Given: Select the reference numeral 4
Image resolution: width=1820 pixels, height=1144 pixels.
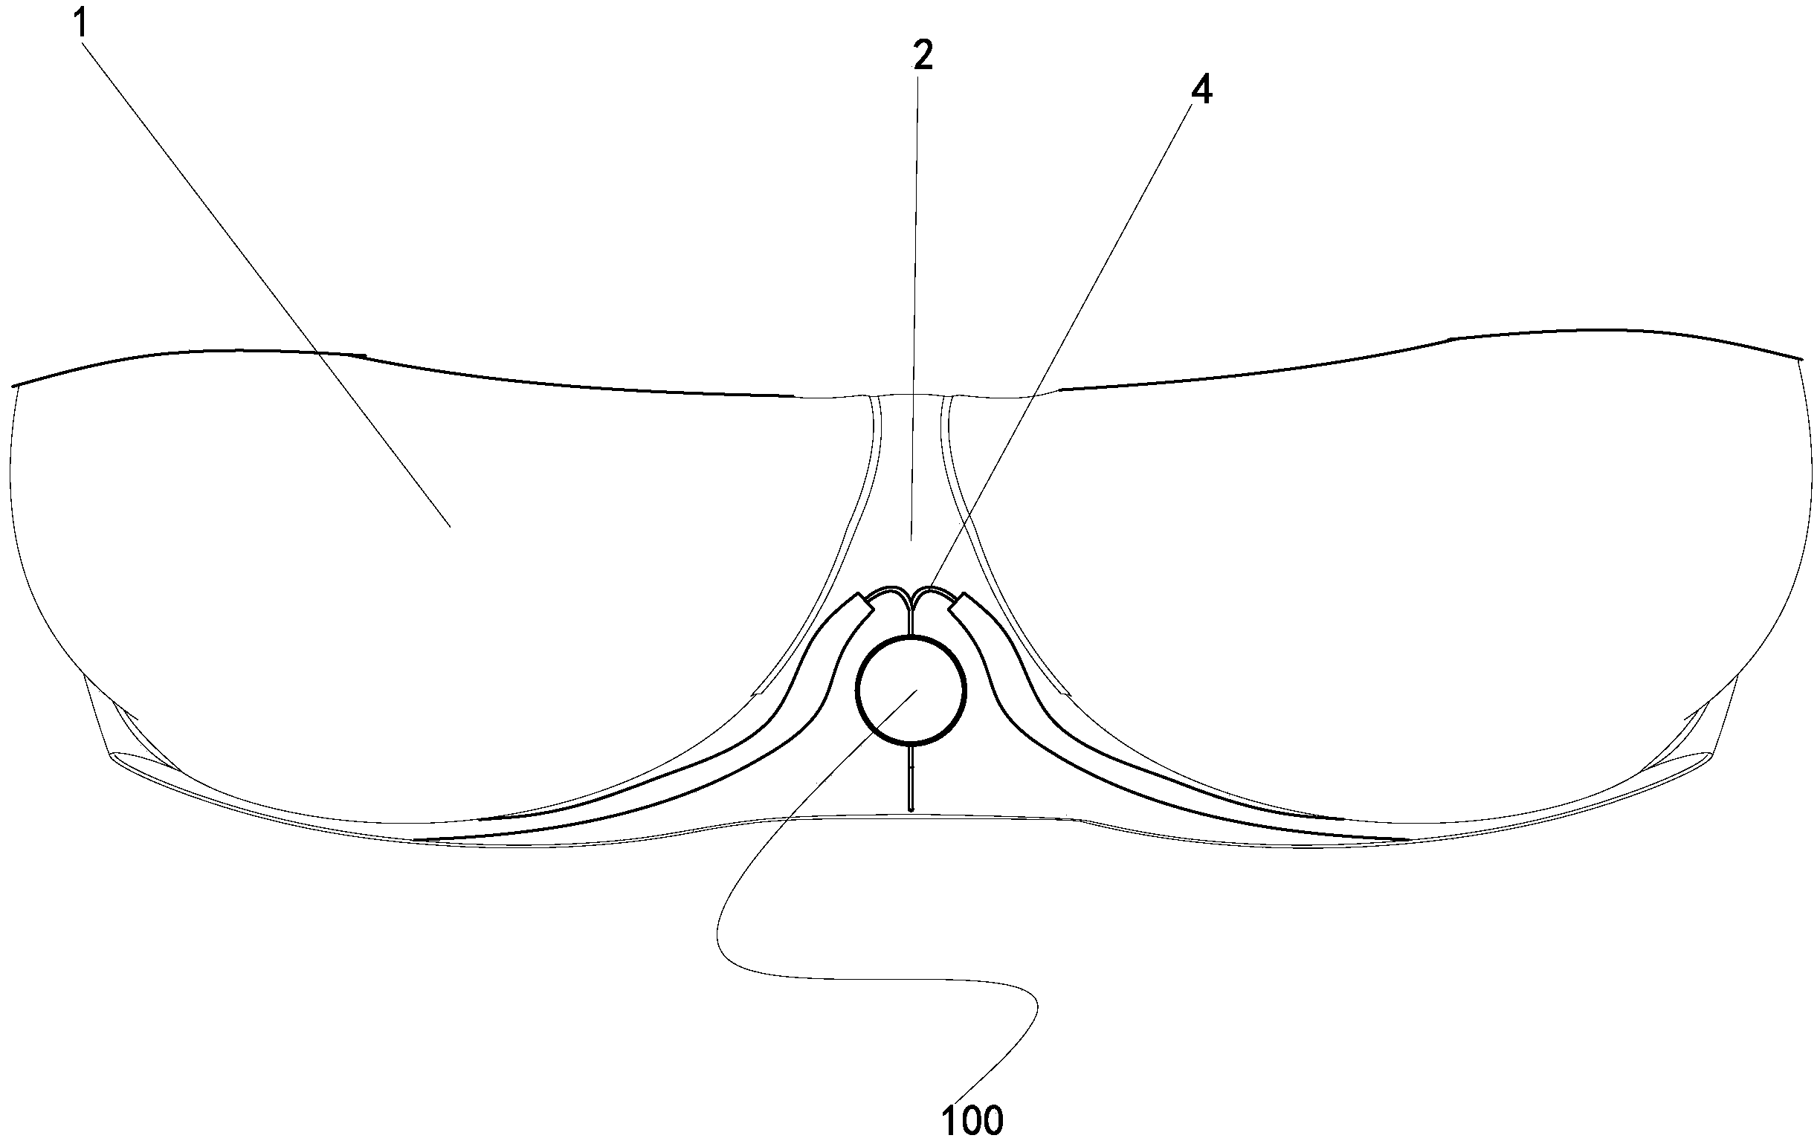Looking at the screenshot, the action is [1201, 91].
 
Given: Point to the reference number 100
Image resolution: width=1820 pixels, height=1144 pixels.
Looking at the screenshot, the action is [972, 1120].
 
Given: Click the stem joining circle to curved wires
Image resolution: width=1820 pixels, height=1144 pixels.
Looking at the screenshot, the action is [912, 623].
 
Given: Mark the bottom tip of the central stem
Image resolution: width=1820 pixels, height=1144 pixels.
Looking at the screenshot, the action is [911, 809].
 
